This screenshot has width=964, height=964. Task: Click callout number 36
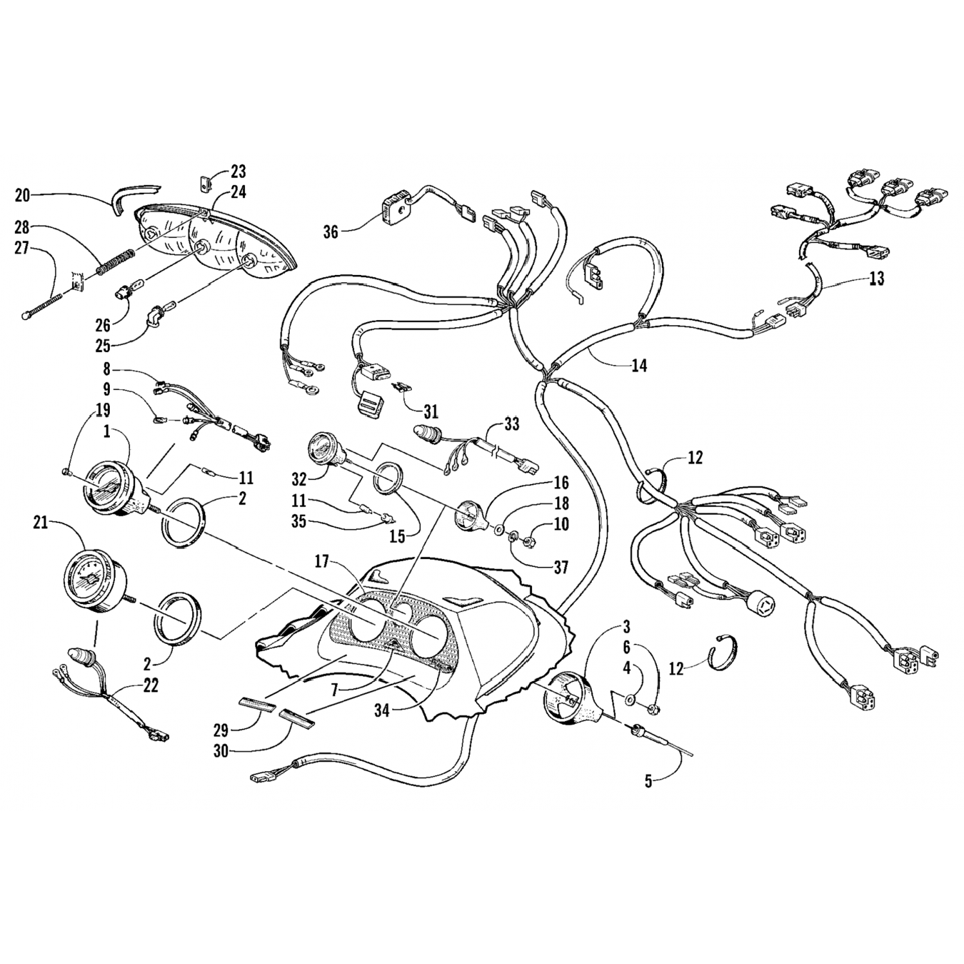[330, 231]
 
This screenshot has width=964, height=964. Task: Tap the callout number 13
[877, 279]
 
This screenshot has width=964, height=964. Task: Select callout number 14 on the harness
[639, 366]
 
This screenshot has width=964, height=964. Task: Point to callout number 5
[648, 781]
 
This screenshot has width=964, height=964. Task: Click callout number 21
[40, 524]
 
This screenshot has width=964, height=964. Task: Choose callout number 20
[22, 195]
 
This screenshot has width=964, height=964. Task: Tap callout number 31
[431, 411]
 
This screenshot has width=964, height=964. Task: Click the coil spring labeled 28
[116, 261]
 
